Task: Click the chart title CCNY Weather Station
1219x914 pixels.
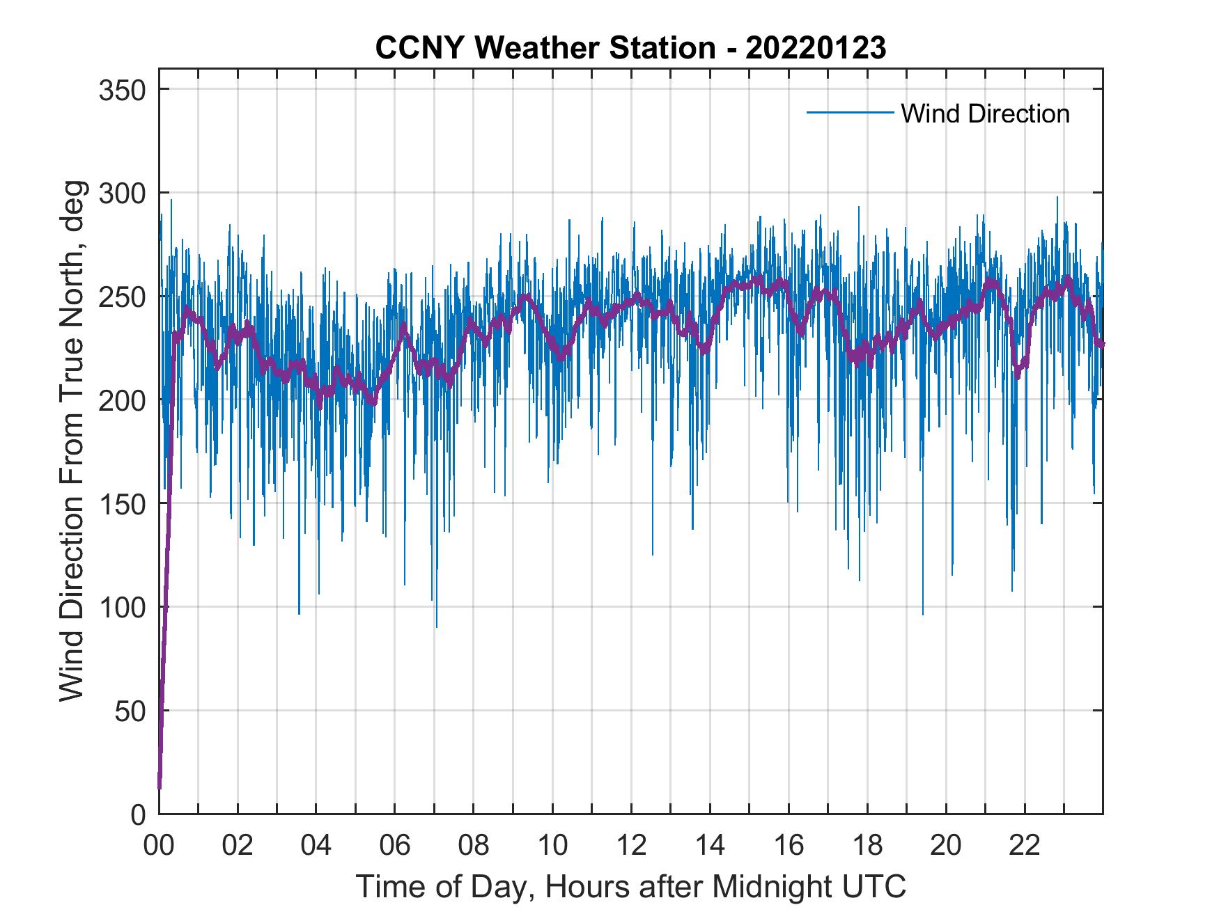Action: (545, 48)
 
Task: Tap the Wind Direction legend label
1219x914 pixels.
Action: (985, 113)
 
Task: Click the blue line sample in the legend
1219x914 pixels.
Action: (850, 112)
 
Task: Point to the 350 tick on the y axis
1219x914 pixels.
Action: (126, 90)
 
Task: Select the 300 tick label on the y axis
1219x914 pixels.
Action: (126, 193)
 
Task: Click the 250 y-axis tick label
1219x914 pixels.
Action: (126, 297)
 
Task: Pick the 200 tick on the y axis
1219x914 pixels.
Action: (126, 400)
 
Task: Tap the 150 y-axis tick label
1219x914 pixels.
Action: (126, 504)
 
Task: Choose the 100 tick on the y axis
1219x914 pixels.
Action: (126, 607)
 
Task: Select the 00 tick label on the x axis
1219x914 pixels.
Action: (159, 846)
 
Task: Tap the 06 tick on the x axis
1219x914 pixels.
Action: (395, 846)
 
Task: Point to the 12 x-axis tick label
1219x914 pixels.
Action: (631, 846)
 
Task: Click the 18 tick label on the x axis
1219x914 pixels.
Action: (867, 846)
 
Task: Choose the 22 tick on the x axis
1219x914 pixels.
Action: (1025, 846)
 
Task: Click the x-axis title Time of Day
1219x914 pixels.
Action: (631, 886)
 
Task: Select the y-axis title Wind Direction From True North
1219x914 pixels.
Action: (72, 441)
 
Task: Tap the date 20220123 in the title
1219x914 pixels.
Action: (816, 48)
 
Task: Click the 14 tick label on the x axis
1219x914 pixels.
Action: (710, 846)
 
